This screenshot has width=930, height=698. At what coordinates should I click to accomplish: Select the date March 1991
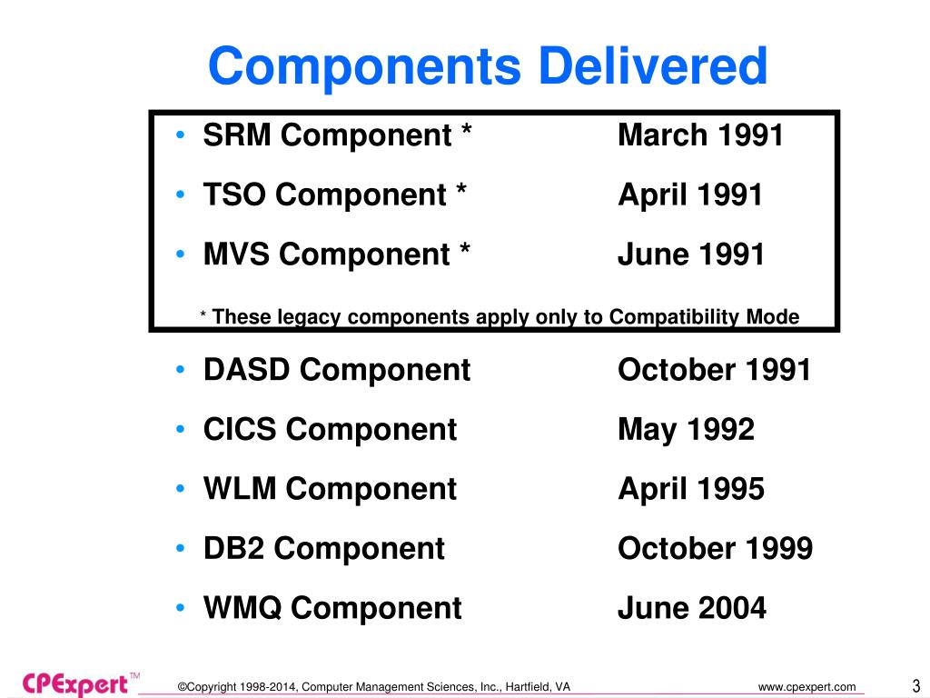tap(700, 135)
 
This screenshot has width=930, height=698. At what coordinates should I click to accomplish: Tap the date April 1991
tap(690, 194)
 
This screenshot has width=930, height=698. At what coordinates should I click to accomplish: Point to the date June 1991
tap(691, 254)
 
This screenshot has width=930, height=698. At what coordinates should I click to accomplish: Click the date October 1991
tap(714, 370)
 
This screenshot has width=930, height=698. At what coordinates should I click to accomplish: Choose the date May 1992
tap(686, 429)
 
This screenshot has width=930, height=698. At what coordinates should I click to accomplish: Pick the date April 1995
tap(691, 489)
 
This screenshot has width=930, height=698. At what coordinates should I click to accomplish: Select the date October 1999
tap(715, 548)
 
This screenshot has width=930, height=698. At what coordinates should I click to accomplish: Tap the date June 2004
tap(692, 607)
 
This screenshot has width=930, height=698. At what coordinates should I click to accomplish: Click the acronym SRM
tap(238, 135)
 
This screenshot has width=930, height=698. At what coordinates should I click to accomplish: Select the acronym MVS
tap(238, 254)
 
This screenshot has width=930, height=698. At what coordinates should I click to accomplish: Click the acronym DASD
tap(248, 370)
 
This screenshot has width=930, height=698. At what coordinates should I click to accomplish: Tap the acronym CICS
tap(241, 429)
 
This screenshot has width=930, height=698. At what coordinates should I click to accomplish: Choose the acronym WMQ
tap(242, 607)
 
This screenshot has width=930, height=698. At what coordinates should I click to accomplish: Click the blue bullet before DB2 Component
tap(183, 548)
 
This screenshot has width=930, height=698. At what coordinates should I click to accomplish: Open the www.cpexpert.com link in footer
tap(806, 686)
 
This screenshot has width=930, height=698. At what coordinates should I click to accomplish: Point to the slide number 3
tap(915, 684)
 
